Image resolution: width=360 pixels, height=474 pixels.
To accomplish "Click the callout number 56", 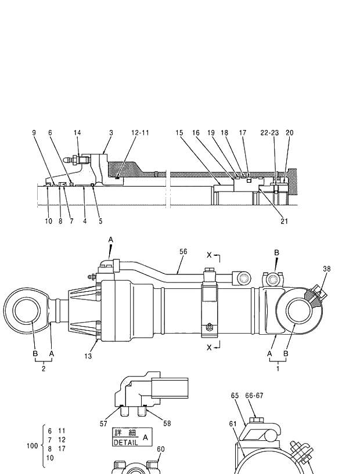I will point(183,251).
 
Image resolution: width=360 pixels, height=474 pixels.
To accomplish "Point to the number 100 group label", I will point(32,446).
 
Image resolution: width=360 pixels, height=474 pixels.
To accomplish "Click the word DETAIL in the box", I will point(125,443).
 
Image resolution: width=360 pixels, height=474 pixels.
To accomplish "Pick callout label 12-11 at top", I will point(139,133).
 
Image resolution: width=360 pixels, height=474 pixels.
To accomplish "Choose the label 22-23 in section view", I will point(269,133).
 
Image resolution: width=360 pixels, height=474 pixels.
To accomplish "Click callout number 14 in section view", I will point(77,133).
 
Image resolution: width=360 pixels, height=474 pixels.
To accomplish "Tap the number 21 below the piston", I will point(284,220).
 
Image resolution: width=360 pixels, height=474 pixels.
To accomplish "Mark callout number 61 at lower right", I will point(233,424).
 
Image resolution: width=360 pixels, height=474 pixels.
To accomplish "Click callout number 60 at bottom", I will point(161,449).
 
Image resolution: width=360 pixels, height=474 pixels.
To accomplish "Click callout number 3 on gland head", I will point(111,133).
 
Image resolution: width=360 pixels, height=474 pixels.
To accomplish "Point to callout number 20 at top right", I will point(289,133).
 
